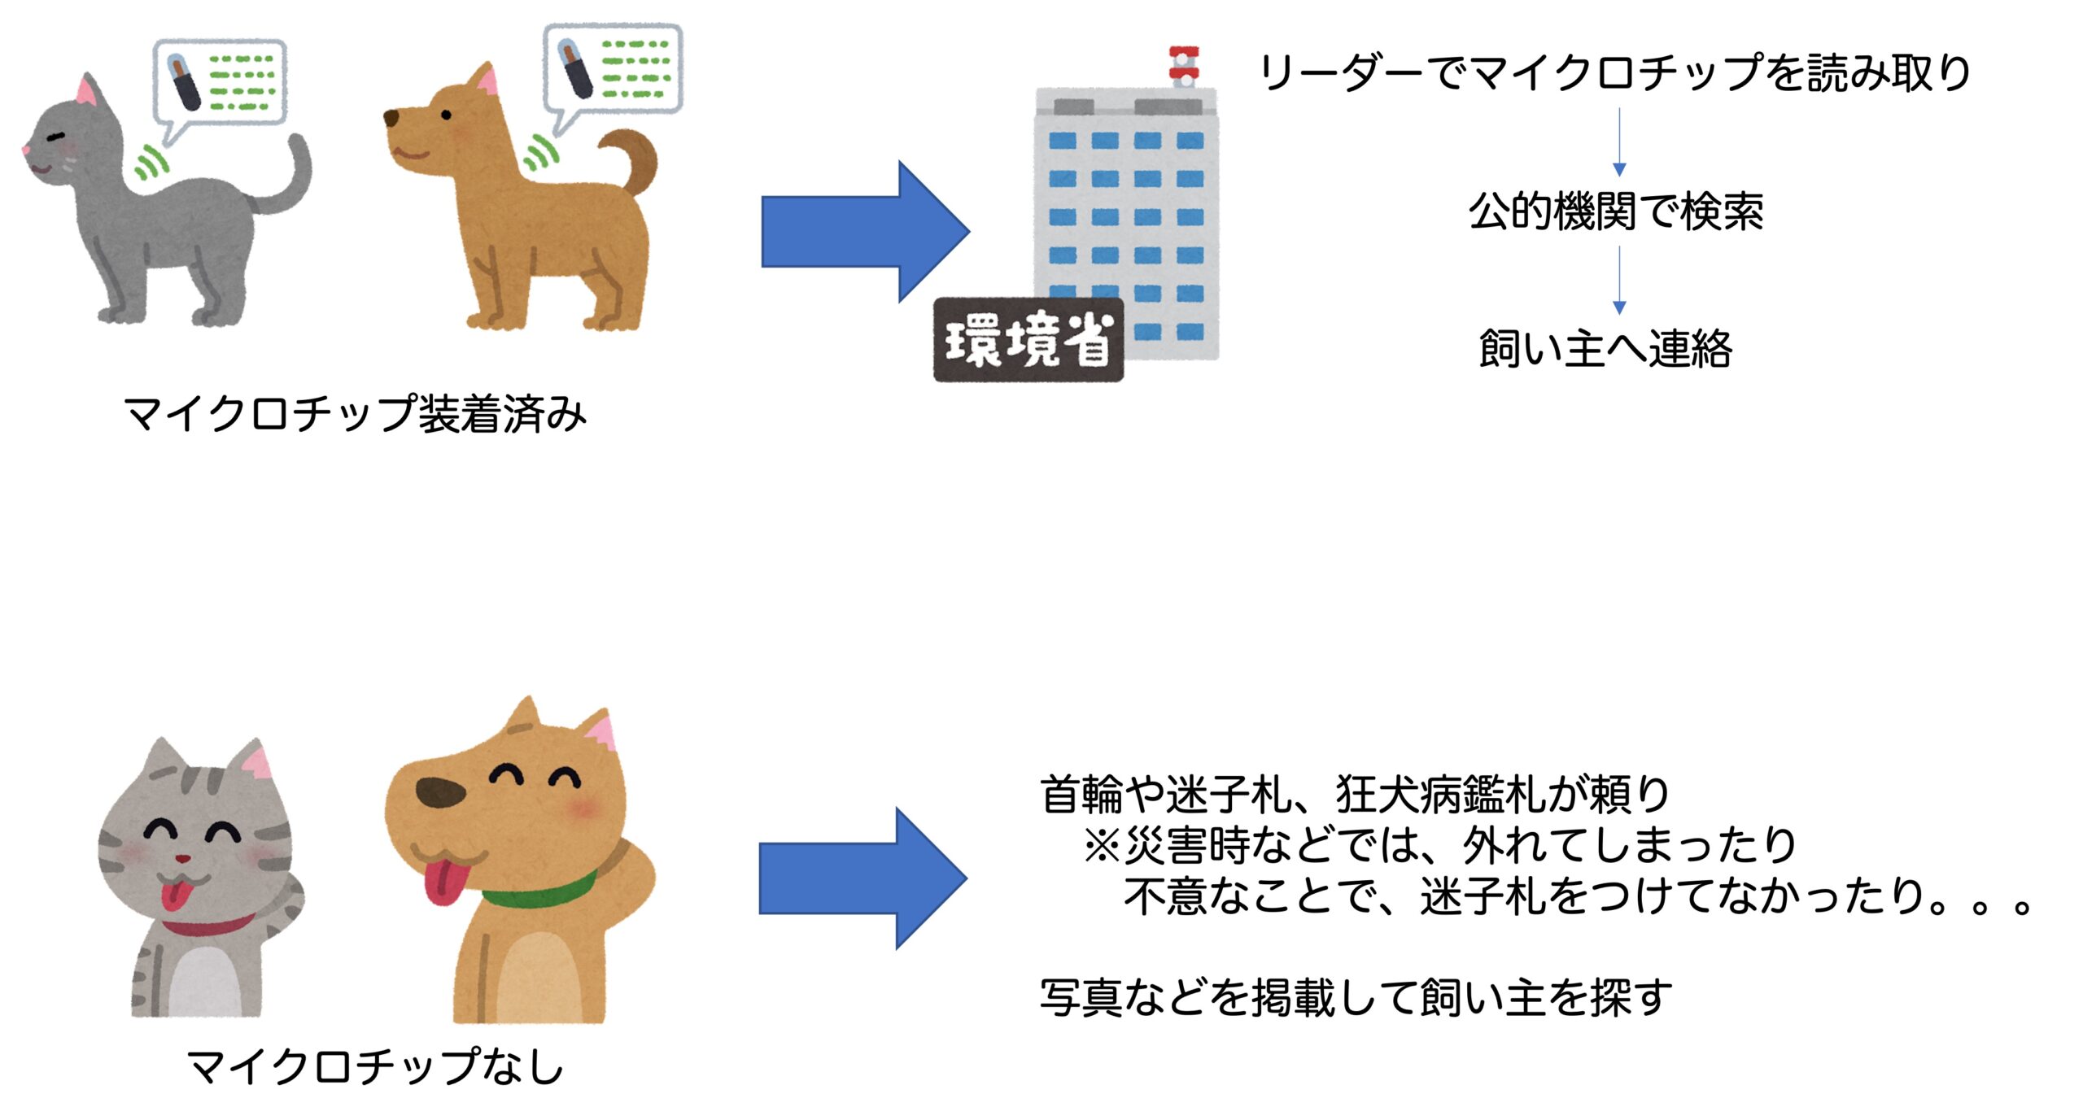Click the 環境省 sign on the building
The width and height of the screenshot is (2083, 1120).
tap(1028, 340)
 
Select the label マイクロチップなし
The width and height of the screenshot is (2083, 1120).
tap(375, 1066)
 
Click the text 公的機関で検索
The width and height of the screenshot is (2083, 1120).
tap(1616, 211)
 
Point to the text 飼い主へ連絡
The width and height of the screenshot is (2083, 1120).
tap(1605, 348)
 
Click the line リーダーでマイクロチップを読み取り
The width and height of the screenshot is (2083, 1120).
tap(1614, 72)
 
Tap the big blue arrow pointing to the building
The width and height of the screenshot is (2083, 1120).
tap(865, 232)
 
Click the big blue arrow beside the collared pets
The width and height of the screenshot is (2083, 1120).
tap(863, 878)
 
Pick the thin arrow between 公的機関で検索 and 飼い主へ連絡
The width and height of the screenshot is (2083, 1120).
tap(1619, 280)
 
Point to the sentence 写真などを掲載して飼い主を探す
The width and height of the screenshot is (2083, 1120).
tap(1356, 997)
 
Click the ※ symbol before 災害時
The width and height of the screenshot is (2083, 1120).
tap(1103, 846)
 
